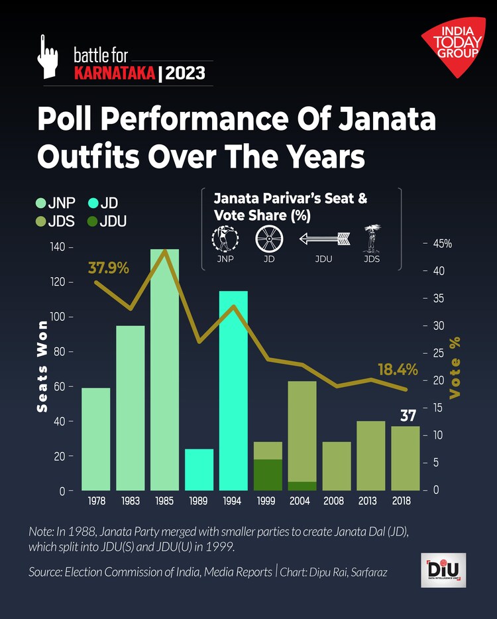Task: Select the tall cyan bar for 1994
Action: click(x=233, y=391)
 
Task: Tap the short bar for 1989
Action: click(x=199, y=470)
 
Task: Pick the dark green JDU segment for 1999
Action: click(x=268, y=475)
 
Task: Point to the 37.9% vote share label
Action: click(x=108, y=268)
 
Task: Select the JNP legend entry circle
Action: click(x=41, y=203)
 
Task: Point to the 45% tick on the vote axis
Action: click(x=442, y=244)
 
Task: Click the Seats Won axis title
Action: click(x=42, y=366)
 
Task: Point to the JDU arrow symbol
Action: click(x=323, y=238)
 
